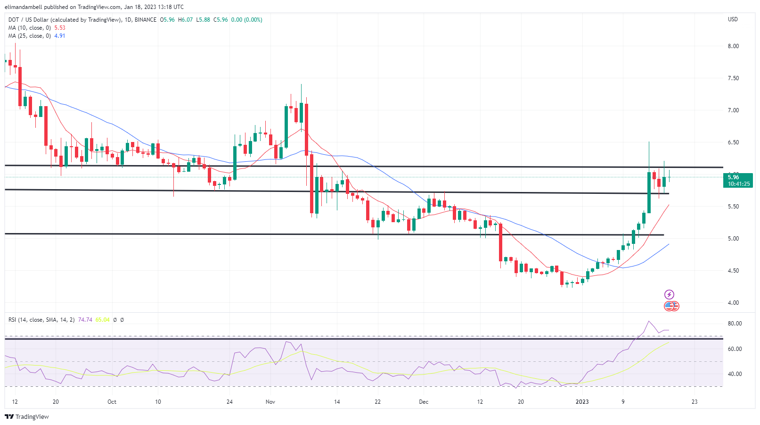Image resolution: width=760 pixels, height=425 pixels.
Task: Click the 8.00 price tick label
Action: tap(733, 46)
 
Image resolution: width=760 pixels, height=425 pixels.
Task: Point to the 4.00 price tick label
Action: tap(733, 303)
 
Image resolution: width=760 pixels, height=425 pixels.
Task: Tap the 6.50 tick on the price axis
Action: tap(733, 142)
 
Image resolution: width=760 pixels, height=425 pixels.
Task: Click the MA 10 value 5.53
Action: tap(60, 28)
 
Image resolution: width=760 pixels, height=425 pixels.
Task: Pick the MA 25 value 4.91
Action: tap(60, 36)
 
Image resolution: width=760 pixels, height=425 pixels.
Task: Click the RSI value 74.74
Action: tap(85, 320)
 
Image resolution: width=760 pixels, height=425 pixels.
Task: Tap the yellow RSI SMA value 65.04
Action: tap(102, 320)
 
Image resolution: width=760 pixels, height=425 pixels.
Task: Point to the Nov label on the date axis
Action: tap(270, 402)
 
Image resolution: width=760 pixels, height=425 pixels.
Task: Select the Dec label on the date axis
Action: tap(424, 402)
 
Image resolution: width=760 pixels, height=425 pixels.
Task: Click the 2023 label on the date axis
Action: tap(582, 402)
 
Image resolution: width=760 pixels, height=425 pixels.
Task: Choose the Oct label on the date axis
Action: tap(112, 402)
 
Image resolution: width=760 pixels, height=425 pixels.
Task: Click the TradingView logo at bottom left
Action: tap(27, 417)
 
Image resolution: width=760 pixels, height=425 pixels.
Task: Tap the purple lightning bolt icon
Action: tap(669, 294)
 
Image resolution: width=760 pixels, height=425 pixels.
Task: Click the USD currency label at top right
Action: tap(733, 19)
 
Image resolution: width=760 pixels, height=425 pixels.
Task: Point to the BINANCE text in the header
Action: tap(145, 20)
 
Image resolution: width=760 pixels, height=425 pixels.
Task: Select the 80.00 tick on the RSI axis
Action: tap(735, 324)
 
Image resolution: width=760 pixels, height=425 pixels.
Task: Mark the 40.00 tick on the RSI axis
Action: tap(735, 374)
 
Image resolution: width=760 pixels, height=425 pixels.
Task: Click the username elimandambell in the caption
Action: tap(24, 7)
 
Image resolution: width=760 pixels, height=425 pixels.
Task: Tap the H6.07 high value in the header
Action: tap(185, 20)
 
